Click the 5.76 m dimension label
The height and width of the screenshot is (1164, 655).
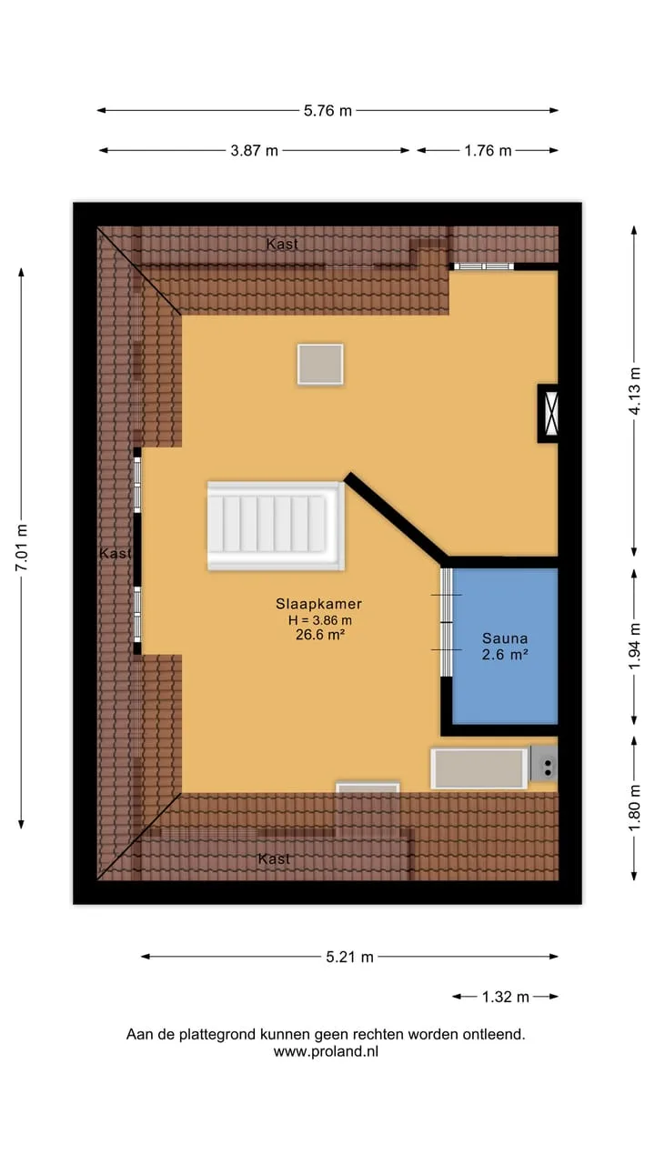[x=327, y=111]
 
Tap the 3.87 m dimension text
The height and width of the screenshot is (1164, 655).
[x=254, y=151]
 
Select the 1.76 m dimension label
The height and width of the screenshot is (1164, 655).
[x=488, y=151]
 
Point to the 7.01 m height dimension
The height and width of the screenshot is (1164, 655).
[x=22, y=547]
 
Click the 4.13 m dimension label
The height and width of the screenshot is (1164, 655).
[x=635, y=391]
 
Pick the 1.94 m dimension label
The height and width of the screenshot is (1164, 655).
[x=635, y=647]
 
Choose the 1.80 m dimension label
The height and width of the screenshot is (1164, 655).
[x=635, y=808]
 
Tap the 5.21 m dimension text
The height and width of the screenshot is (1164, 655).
[x=349, y=957]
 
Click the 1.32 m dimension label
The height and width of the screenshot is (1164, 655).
[x=505, y=997]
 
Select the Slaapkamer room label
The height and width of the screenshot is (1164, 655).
[x=318, y=604]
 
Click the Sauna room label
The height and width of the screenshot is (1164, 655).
[x=505, y=638]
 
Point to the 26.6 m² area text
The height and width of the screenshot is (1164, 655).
[x=320, y=635]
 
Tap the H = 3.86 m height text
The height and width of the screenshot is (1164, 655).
[x=319, y=620]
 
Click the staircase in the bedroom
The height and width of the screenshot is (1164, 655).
[x=276, y=526]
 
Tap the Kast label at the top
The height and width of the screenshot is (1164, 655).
[x=282, y=244]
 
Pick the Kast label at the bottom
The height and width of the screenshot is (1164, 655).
[x=274, y=859]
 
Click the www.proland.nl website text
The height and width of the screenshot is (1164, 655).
[x=326, y=1051]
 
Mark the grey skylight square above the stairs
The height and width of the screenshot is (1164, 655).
[x=320, y=365]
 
